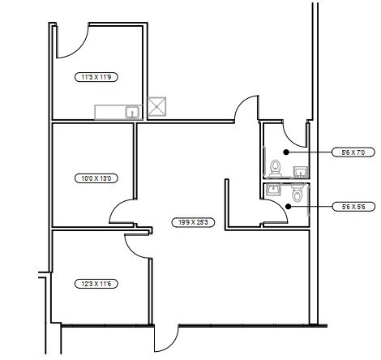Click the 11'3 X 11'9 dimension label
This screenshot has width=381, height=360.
[x=96, y=77]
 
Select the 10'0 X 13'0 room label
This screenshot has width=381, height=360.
[x=96, y=178]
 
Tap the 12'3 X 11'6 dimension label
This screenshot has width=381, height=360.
[x=96, y=284]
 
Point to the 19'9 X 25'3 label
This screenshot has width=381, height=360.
[x=193, y=222]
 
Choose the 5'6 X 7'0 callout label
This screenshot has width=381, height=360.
[x=353, y=152]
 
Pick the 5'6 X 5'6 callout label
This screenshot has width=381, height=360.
[x=353, y=207]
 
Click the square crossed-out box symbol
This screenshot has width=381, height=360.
[x=156, y=107]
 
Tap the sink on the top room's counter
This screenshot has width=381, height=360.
[x=132, y=112]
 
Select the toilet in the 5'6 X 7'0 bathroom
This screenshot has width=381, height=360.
[x=276, y=169]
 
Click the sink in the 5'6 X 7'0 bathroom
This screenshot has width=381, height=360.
[x=301, y=172]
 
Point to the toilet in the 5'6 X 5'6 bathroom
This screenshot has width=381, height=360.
[x=297, y=193]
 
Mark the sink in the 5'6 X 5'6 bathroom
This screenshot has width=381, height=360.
[x=273, y=189]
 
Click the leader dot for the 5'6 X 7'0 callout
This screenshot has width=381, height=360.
[x=286, y=152]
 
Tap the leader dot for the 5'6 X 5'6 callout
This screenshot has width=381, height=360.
[x=289, y=207]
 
